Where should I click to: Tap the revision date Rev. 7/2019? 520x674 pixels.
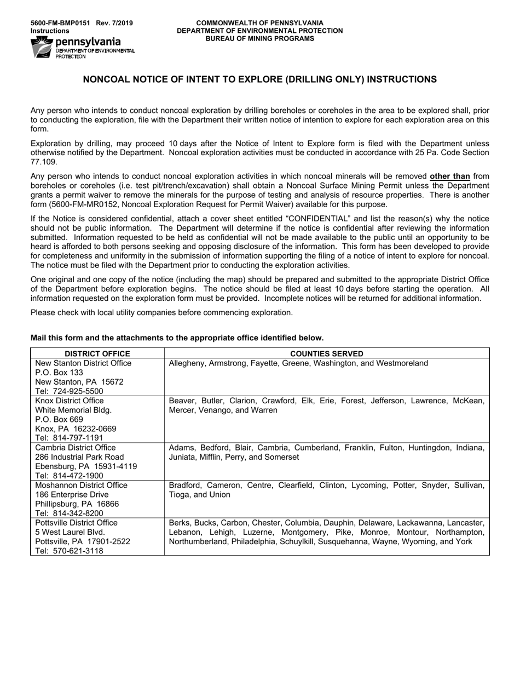coord(114,23)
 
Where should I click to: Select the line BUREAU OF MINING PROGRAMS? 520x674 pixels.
coord(259,38)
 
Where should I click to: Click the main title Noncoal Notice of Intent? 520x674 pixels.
coord(259,79)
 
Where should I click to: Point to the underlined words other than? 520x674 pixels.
coord(450,176)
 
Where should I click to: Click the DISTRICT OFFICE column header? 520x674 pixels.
coord(97,354)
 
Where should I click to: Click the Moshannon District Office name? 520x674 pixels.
coord(81,485)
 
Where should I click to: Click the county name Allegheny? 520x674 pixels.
coord(188,363)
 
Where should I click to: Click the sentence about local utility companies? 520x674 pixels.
coord(161,313)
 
